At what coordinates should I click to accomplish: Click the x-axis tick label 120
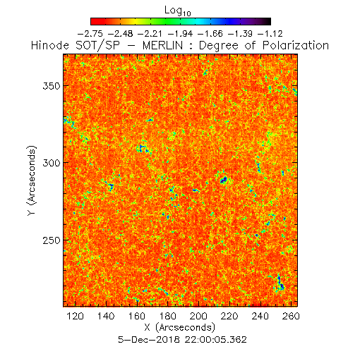point(75,316)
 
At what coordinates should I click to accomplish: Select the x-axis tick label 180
point(167,316)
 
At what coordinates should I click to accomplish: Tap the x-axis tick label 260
point(291,316)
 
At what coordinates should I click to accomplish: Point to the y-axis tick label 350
point(52,86)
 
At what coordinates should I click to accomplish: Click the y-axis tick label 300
point(52,163)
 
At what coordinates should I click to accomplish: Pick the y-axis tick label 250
point(52,240)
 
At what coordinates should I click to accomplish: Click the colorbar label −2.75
point(90,34)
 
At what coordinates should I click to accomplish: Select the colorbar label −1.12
point(270,34)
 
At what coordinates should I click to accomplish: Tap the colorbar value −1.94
point(180,34)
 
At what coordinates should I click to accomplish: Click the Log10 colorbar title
point(178,11)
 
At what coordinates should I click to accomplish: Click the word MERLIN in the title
point(162,45)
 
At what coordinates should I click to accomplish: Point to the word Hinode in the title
point(50,45)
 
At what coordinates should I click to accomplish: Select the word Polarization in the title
point(296,46)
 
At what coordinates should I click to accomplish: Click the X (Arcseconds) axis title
point(180,327)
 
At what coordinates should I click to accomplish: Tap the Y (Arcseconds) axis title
point(32,180)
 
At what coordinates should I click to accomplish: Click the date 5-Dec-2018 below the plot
point(149,340)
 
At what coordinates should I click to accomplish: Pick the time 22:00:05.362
point(215,340)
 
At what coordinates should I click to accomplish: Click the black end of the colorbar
point(268,21)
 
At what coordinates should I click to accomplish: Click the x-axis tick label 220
point(229,316)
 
